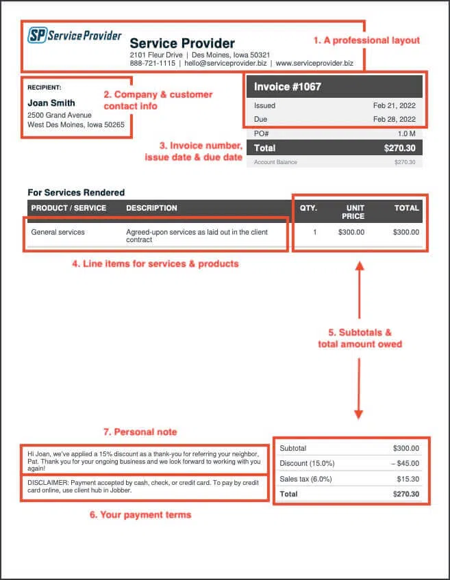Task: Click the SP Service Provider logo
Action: (75, 36)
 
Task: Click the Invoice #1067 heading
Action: (288, 87)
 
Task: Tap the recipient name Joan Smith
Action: (51, 103)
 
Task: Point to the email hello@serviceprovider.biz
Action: (225, 63)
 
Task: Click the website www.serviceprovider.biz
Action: (314, 63)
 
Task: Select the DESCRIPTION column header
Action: (151, 208)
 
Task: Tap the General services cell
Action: (58, 232)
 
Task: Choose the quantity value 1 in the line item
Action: (314, 232)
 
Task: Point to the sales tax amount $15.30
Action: (406, 479)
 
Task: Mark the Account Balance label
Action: (276, 162)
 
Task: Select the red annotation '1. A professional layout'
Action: (366, 40)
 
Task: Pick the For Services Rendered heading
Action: (76, 193)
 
